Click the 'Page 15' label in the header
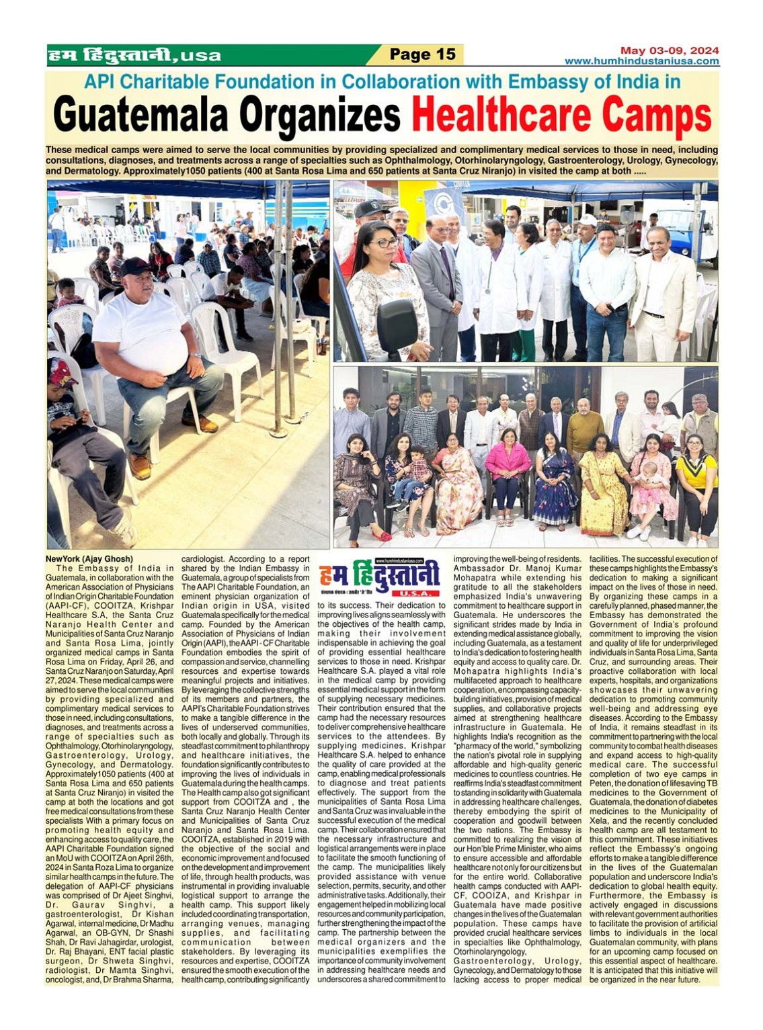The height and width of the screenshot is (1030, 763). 422,54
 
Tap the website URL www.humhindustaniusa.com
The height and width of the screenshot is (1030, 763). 641,61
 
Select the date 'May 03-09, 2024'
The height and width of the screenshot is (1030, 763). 669,50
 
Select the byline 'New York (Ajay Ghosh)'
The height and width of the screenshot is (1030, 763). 89,559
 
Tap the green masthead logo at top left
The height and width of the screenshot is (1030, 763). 134,55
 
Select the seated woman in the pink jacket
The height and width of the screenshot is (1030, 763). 507,470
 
